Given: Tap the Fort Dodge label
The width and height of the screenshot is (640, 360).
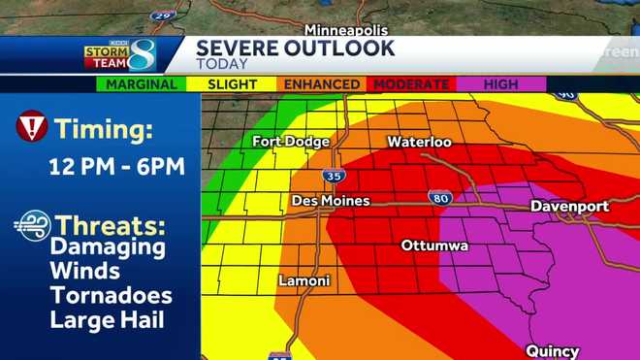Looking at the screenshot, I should click(287, 142).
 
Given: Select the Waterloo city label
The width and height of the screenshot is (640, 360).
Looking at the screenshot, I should click(419, 142).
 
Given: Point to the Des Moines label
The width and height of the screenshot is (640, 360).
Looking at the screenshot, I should click(331, 201).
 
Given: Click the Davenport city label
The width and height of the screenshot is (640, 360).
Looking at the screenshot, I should click(569, 207).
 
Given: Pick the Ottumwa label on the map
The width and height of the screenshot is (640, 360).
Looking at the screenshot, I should click(434, 245).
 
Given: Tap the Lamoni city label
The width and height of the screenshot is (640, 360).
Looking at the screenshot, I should click(304, 281).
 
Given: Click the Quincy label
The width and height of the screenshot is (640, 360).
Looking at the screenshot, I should click(552, 351).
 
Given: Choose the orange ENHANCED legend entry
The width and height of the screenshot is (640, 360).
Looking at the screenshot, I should click(322, 84).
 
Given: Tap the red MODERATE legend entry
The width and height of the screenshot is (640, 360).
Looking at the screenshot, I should click(411, 84).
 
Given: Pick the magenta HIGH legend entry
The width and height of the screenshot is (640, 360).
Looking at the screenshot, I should click(501, 84).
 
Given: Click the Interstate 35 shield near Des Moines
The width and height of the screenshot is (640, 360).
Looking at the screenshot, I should click(332, 177).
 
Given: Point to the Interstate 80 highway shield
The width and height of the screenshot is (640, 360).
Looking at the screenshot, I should click(438, 198).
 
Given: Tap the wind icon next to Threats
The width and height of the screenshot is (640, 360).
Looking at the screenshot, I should click(32, 226).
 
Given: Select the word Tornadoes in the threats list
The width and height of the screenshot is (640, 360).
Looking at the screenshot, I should click(112, 295).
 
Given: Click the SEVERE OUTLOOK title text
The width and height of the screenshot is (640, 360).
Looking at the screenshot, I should click(296, 48).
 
